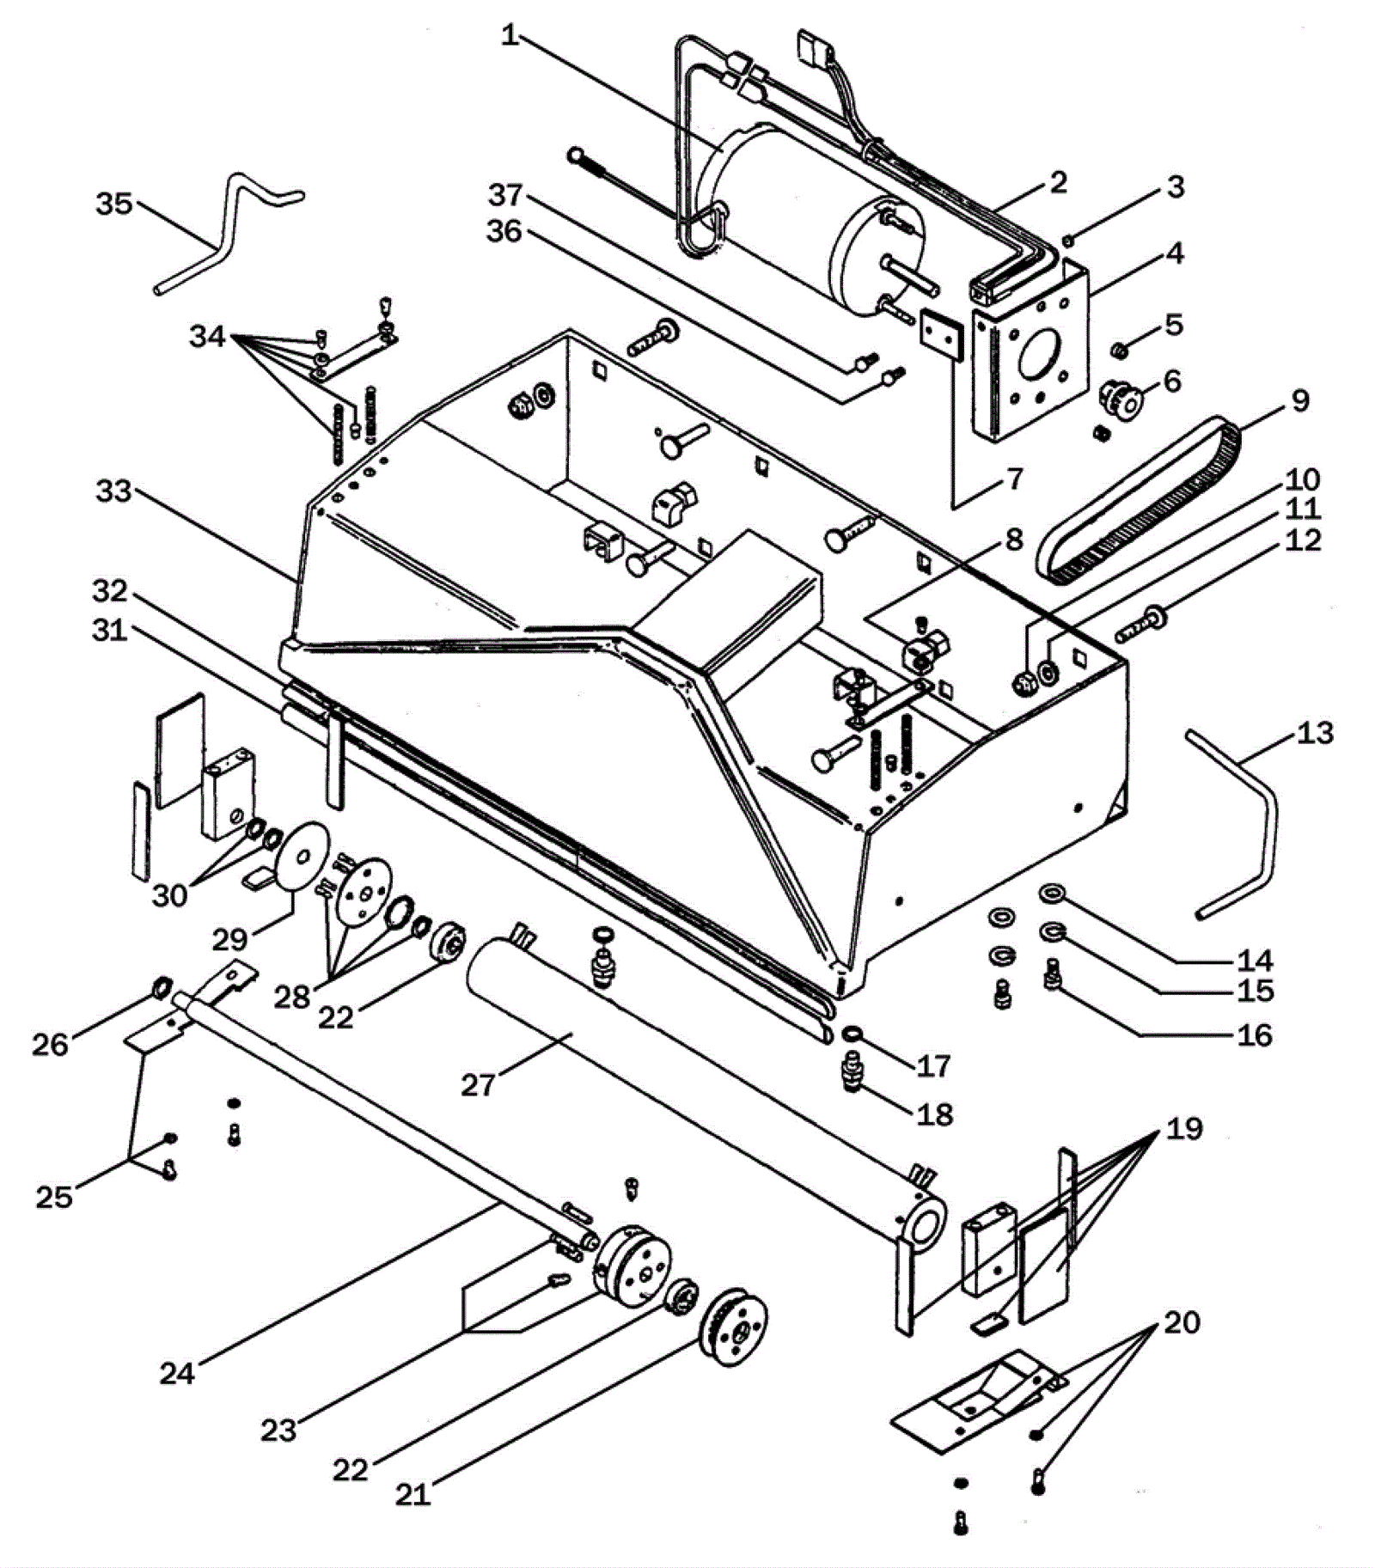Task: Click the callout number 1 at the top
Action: coord(510,36)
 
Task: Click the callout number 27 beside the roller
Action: coord(478,1085)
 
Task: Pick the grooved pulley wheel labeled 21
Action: coord(734,1327)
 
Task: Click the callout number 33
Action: coord(113,491)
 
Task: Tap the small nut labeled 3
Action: coord(1068,240)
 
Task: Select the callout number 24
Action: coord(177,1373)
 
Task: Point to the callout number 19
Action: coord(1183,1128)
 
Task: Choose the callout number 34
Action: coord(207,336)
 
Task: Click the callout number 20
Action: coord(1182,1322)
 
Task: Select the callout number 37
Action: coord(505,195)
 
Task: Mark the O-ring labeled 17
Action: coord(852,1033)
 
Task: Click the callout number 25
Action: coord(53,1196)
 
